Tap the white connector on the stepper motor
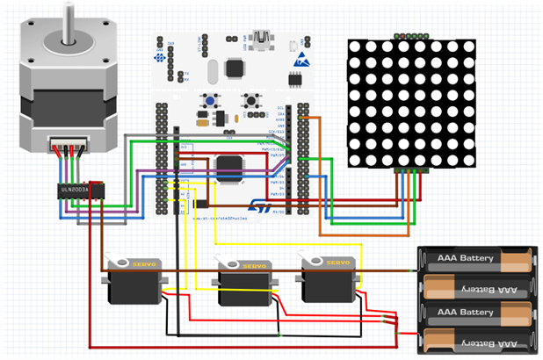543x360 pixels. (x=69, y=144)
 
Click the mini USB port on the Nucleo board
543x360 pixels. (x=261, y=39)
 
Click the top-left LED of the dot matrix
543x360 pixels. (x=358, y=51)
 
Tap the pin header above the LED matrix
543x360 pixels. (x=410, y=36)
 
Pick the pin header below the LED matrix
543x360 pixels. (x=411, y=169)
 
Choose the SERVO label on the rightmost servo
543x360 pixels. (x=337, y=263)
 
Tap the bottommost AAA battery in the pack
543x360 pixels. (x=475, y=339)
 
